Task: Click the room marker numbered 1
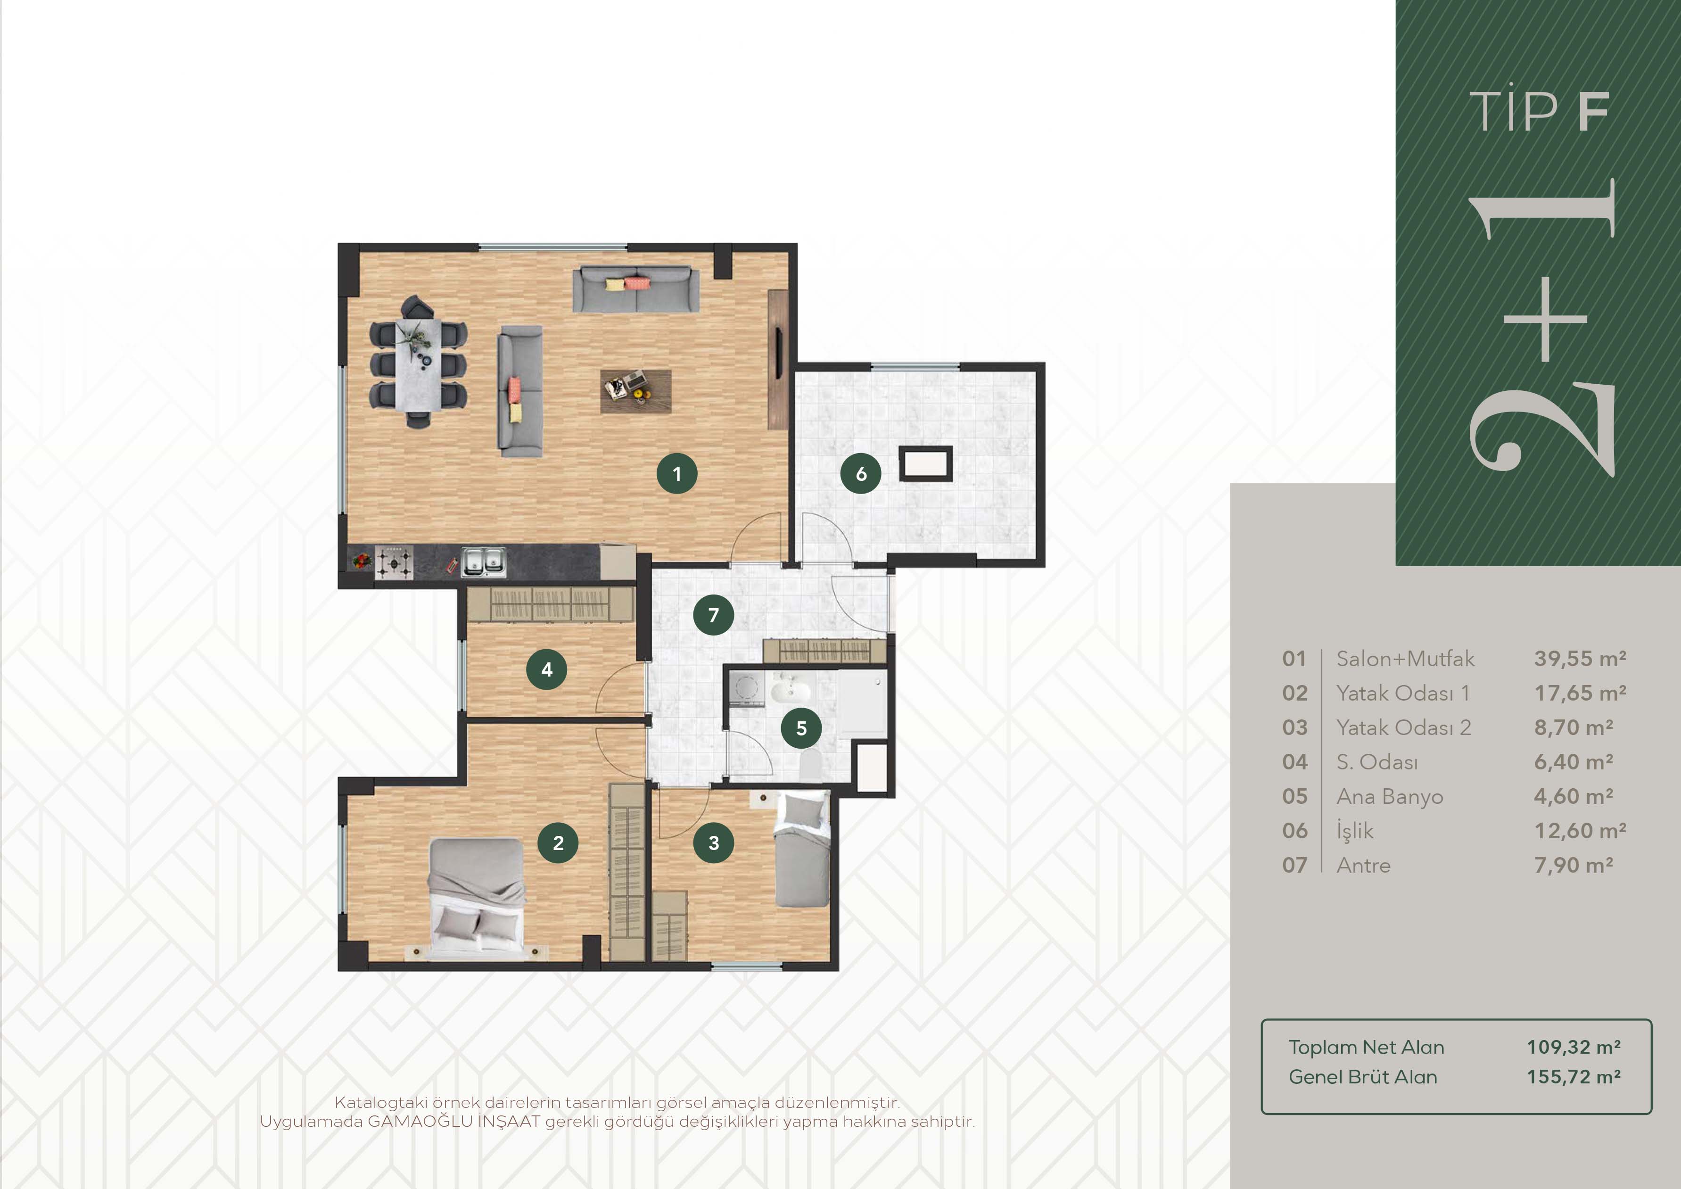click(676, 474)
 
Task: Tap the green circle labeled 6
click(861, 474)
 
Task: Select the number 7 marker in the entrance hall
click(713, 615)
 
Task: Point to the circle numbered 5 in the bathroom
click(801, 728)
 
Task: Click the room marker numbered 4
click(546, 669)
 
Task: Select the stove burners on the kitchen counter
click(395, 562)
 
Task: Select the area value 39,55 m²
click(1580, 659)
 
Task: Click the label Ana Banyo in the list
click(1390, 797)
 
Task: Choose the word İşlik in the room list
click(1354, 831)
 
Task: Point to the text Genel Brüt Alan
click(1362, 1077)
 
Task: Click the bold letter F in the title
click(1594, 112)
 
